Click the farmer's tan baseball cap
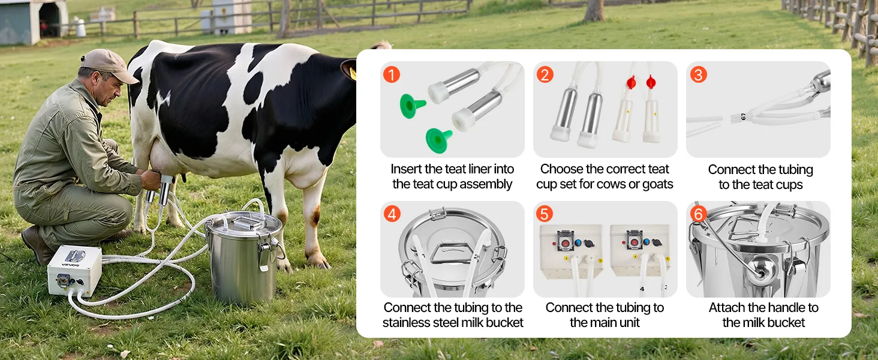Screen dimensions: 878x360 (108, 65)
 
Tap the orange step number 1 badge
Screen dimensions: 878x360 (392, 74)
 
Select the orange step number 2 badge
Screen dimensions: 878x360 (545, 74)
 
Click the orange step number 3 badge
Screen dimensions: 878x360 (699, 74)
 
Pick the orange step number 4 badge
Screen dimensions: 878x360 (392, 214)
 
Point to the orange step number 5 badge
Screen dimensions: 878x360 (545, 214)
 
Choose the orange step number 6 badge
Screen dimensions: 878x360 (699, 214)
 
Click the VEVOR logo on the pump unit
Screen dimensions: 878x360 (71, 265)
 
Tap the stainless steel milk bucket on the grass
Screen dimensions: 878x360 (244, 257)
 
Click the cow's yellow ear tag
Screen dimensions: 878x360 (353, 73)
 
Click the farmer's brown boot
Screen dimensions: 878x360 (37, 245)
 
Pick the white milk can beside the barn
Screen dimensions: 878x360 (80, 28)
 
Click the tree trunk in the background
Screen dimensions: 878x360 (594, 11)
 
